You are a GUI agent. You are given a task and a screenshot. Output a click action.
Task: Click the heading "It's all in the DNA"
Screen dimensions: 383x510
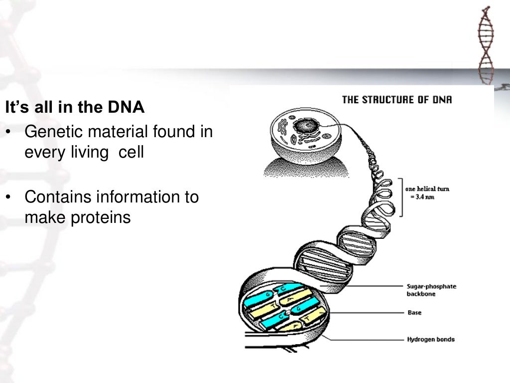75,108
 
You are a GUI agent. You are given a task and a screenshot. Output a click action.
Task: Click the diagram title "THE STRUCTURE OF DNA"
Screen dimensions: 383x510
397,100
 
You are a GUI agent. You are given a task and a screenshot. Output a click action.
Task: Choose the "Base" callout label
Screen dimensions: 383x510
414,314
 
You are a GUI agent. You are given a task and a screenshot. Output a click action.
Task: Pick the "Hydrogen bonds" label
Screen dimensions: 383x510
430,340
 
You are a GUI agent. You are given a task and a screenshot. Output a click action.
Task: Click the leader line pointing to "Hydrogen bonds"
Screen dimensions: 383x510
369,340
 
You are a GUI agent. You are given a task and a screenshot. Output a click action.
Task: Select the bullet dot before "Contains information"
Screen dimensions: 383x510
8,197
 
